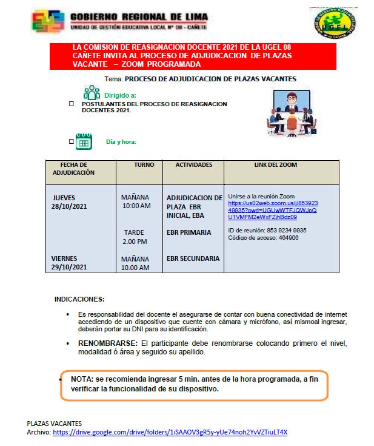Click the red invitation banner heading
(182, 55)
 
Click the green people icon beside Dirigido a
(92, 92)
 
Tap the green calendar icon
(84, 141)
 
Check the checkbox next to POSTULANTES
(72, 104)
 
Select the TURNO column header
(144, 165)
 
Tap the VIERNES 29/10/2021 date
(69, 263)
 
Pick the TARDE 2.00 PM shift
(135, 237)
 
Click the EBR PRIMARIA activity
(189, 232)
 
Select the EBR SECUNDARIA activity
(193, 258)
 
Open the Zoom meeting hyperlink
(272, 210)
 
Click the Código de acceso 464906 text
(263, 238)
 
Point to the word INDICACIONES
(79, 299)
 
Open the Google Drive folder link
(170, 433)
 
